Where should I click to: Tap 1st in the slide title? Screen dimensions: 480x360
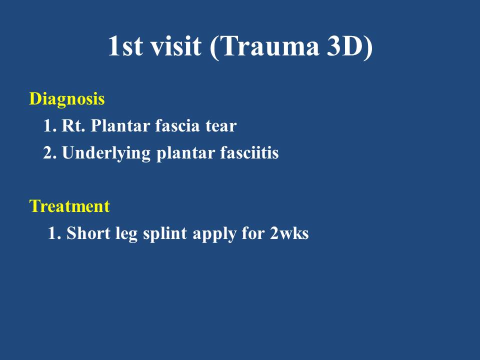(x=125, y=46)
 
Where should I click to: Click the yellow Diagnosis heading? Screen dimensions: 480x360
(x=67, y=99)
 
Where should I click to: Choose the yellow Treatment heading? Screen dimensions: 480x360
(x=69, y=206)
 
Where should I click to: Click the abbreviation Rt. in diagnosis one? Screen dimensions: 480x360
(x=73, y=125)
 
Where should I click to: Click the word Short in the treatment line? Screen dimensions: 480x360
(x=88, y=233)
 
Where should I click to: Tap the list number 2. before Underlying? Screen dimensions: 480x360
(x=50, y=153)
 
